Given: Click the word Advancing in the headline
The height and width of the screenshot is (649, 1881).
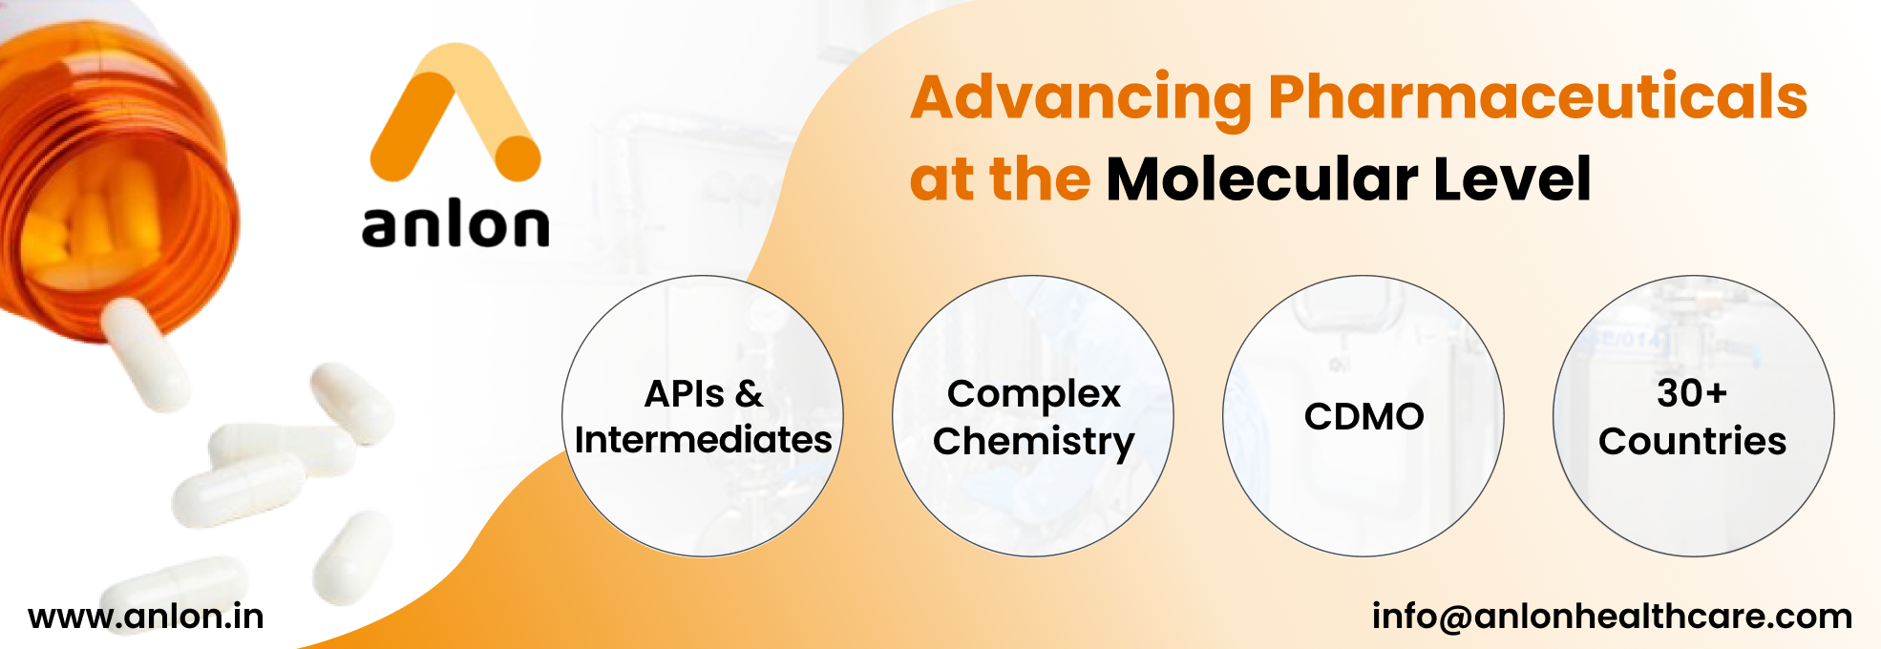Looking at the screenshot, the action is tap(1081, 99).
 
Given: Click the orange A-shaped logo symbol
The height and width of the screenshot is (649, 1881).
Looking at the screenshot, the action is tap(454, 113).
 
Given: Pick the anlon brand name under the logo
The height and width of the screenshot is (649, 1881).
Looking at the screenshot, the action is tap(455, 225).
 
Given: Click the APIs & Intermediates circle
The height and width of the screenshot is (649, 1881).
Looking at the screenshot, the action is tap(703, 416).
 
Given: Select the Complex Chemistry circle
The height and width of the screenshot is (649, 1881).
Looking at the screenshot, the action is tap(1033, 416).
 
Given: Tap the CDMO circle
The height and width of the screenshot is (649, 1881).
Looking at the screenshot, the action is tap(1363, 416).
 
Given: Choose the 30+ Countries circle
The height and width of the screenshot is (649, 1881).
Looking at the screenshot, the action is tap(1694, 416).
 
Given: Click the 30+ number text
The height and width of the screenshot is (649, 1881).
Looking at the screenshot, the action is tap(1692, 393).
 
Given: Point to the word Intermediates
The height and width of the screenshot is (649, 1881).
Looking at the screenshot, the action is tap(703, 440).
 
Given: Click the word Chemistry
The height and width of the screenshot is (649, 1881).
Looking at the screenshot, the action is tap(1034, 443).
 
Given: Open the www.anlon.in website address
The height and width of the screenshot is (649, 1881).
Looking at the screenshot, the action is tap(146, 617).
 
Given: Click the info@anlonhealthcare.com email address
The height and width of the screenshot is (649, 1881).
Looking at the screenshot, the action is tap(1612, 617).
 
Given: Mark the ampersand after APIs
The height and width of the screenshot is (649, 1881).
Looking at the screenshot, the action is tap(750, 394).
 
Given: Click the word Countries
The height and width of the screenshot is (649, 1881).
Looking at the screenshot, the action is tap(1693, 441).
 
